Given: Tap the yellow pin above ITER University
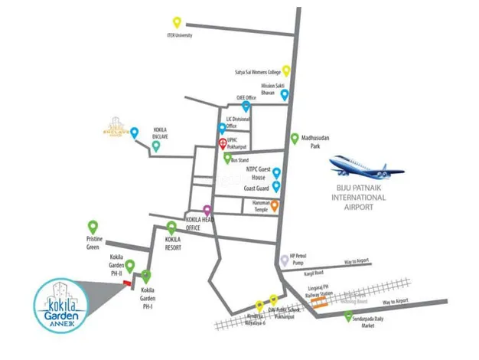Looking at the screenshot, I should (178, 22).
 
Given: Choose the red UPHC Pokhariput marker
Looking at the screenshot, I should (223, 143).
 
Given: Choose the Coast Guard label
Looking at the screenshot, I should (256, 188).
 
